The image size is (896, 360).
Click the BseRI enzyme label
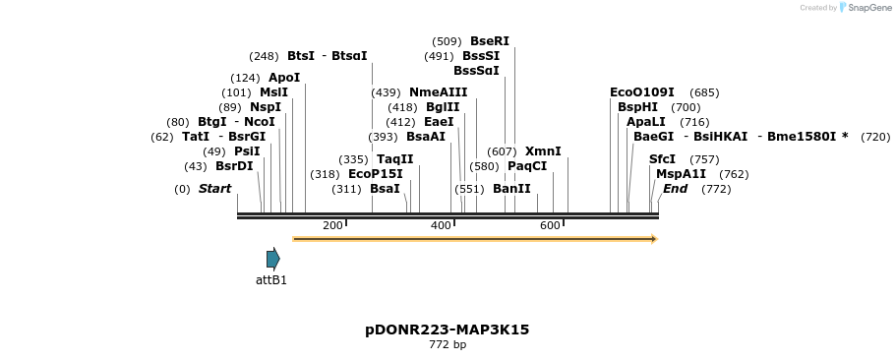(490, 41)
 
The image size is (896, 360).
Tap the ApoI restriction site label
(284, 78)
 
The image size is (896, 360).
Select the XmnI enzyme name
(543, 151)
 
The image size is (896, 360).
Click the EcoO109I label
(642, 92)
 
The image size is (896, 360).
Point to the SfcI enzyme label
(662, 159)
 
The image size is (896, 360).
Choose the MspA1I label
(681, 174)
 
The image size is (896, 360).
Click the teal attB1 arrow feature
(272, 259)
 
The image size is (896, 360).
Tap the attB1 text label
(271, 280)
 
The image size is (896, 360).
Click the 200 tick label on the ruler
(332, 226)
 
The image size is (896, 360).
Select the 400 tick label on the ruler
(441, 226)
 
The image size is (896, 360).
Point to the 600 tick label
(550, 226)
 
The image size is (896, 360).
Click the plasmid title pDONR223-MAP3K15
(447, 330)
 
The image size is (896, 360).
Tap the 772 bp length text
(448, 345)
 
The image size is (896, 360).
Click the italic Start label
(214, 188)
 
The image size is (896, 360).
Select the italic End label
(675, 188)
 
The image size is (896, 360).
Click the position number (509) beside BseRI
(447, 41)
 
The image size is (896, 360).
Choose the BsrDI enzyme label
(234, 166)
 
